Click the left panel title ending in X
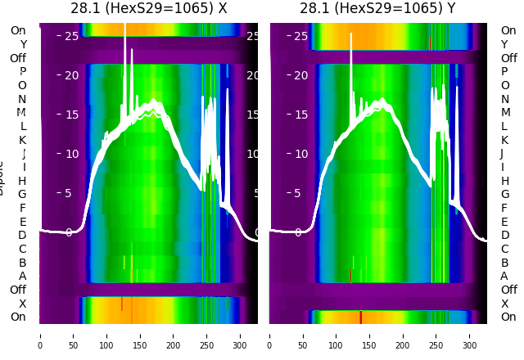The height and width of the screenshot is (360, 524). point(148,9)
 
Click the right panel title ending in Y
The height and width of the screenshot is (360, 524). point(378,9)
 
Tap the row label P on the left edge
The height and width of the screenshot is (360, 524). point(23,72)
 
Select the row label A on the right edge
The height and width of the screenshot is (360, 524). point(504,276)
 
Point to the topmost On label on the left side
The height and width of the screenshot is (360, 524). point(18,31)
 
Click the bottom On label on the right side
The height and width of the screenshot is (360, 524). point(508,317)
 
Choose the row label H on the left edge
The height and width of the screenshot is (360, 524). point(22,181)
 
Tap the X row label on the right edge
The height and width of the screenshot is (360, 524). point(504,304)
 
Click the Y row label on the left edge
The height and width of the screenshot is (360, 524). point(23,45)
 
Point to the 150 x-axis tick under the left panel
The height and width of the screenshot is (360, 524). point(140,335)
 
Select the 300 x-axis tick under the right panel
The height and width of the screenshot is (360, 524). point(471,335)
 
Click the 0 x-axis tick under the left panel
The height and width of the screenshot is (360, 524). point(40,335)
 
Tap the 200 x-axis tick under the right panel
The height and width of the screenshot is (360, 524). point(404,335)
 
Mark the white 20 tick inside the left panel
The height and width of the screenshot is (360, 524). point(71,76)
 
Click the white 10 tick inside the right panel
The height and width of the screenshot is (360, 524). point(301,154)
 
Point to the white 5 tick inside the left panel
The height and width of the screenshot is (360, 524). point(69,194)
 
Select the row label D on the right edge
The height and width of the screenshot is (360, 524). point(504,235)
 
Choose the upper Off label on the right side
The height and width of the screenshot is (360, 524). point(508,58)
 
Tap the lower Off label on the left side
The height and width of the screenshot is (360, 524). point(18,290)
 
